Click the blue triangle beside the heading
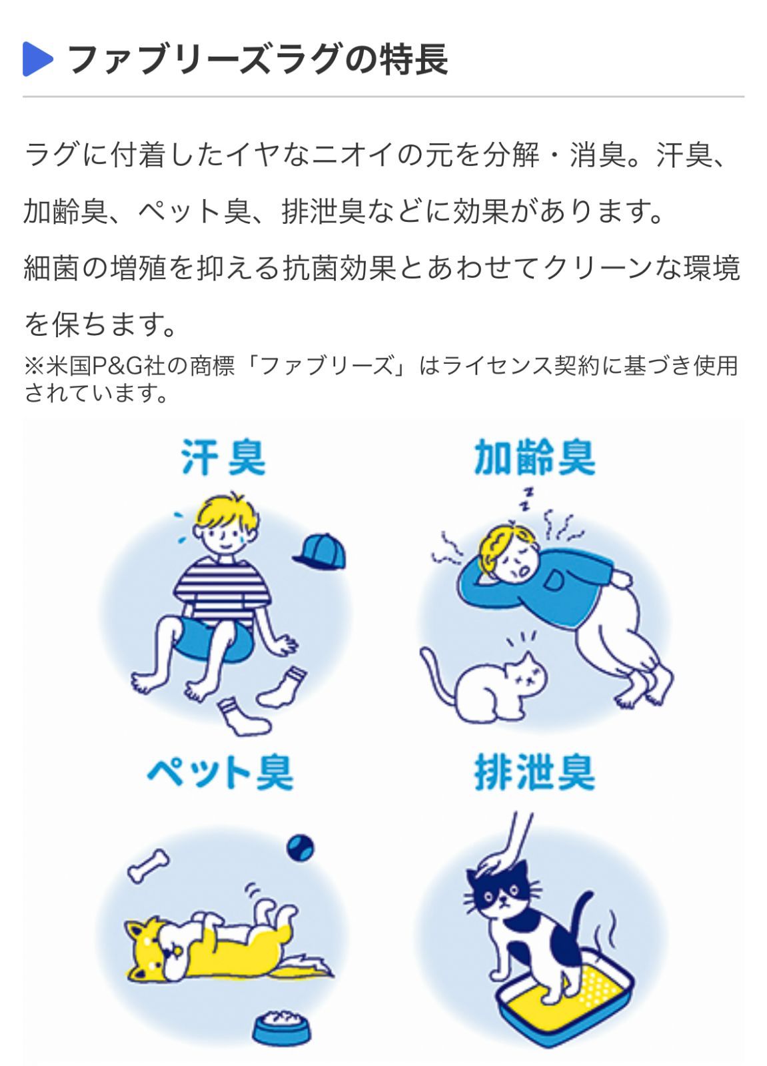coord(37,59)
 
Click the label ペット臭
coord(220,773)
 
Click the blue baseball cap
coord(321,551)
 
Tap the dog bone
coord(148,865)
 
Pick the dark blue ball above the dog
coord(300,847)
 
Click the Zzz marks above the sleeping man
coord(527,498)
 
